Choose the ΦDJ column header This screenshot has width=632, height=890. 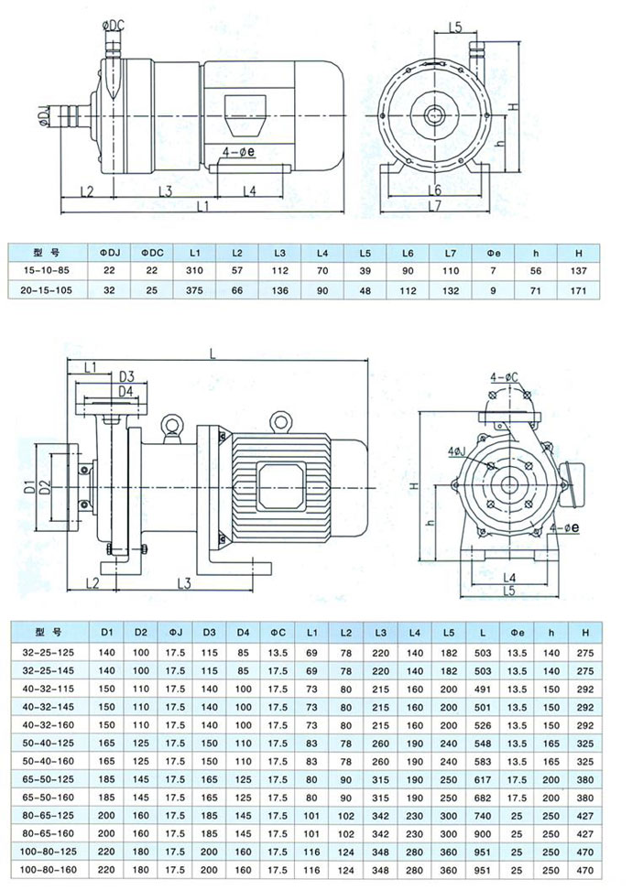[x=108, y=251]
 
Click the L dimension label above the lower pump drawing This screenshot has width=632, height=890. [x=212, y=353]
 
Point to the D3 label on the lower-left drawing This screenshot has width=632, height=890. [x=127, y=377]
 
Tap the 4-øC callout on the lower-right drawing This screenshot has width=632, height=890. [x=505, y=377]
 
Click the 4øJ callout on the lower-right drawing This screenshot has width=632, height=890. [x=456, y=451]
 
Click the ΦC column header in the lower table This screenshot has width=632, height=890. [x=278, y=632]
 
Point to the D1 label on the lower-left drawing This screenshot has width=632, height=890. [x=29, y=486]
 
